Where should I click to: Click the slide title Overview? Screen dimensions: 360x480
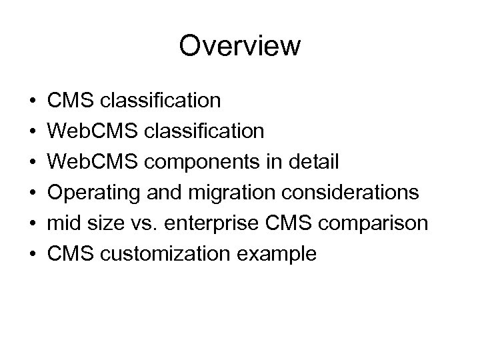(240, 47)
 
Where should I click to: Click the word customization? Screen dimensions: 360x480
(167, 253)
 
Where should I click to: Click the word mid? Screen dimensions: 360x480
(64, 223)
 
